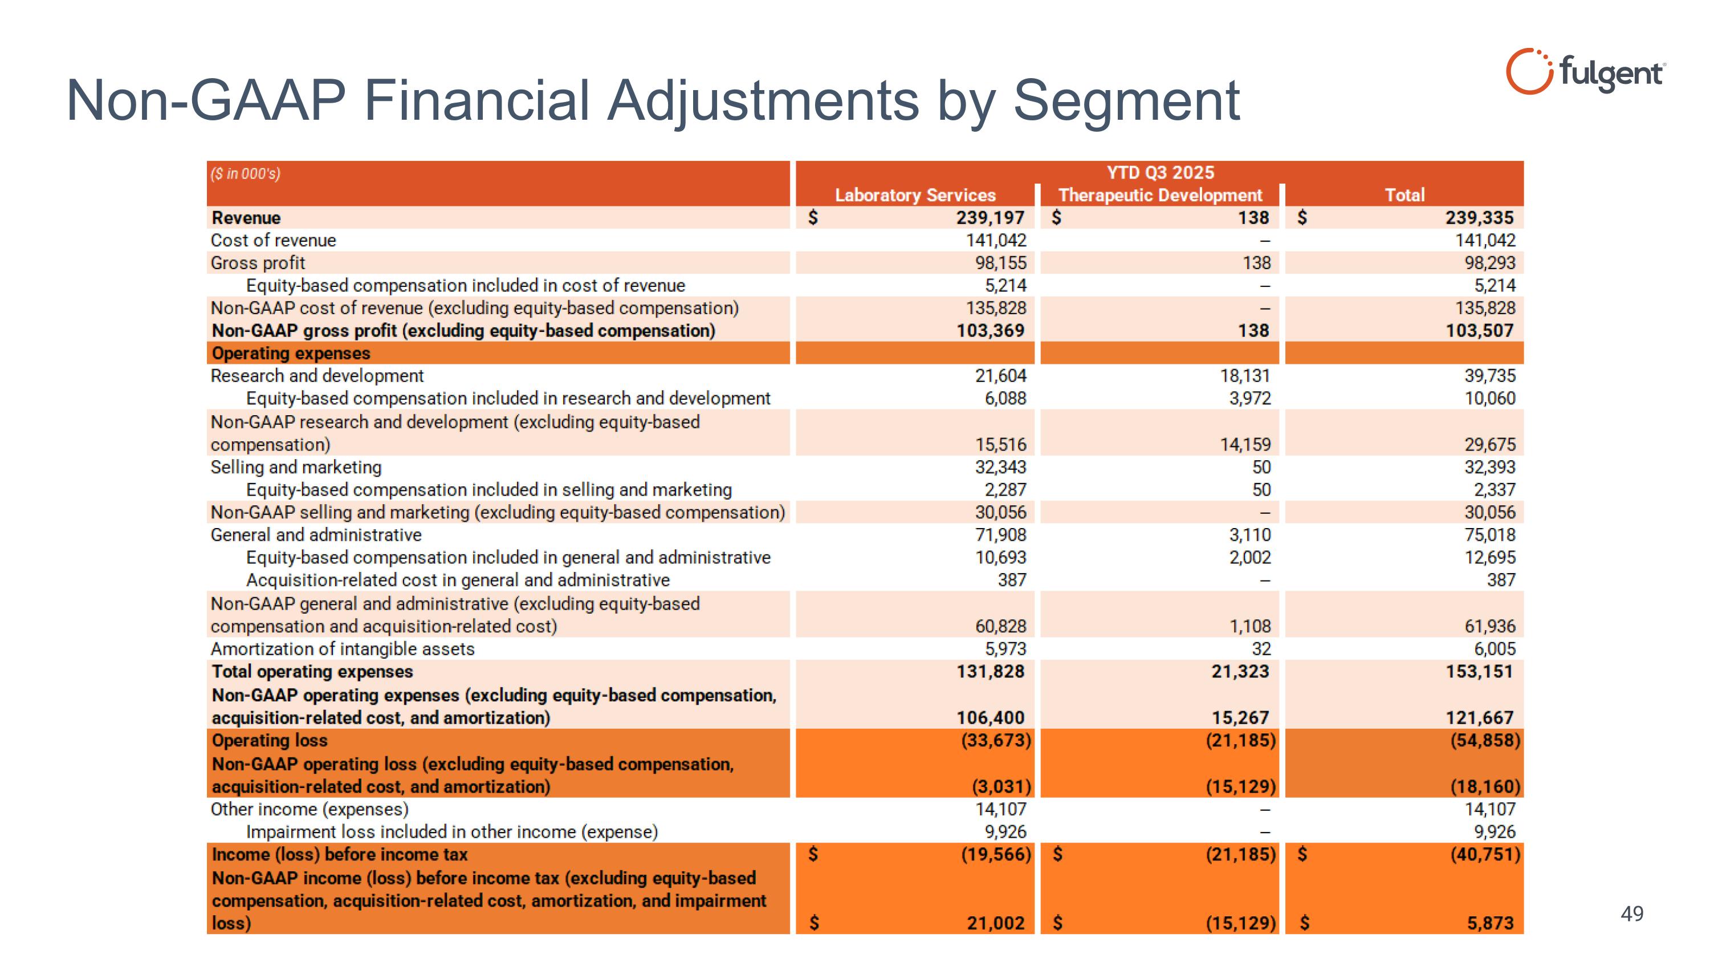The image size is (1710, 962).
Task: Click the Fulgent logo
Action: click(1585, 71)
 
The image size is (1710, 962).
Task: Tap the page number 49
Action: click(1632, 914)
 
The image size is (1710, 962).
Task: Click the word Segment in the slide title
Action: click(1126, 101)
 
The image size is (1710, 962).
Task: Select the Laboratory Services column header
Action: click(915, 195)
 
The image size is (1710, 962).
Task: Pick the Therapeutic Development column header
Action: click(1160, 195)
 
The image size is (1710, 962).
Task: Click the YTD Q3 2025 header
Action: click(1160, 173)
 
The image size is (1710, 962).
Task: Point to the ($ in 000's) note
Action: click(246, 174)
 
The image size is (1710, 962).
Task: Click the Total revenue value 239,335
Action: click(1480, 218)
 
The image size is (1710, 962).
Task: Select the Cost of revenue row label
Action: click(273, 240)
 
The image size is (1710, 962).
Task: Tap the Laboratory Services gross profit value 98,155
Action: click(1000, 263)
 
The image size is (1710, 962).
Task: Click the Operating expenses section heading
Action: click(291, 353)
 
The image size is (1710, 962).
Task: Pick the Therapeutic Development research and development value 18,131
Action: click(1245, 376)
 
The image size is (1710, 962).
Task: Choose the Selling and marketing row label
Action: click(296, 468)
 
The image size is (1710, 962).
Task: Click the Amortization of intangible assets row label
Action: click(343, 650)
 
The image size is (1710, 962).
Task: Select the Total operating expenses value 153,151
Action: click(1480, 672)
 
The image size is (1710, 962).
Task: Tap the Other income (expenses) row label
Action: click(310, 809)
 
